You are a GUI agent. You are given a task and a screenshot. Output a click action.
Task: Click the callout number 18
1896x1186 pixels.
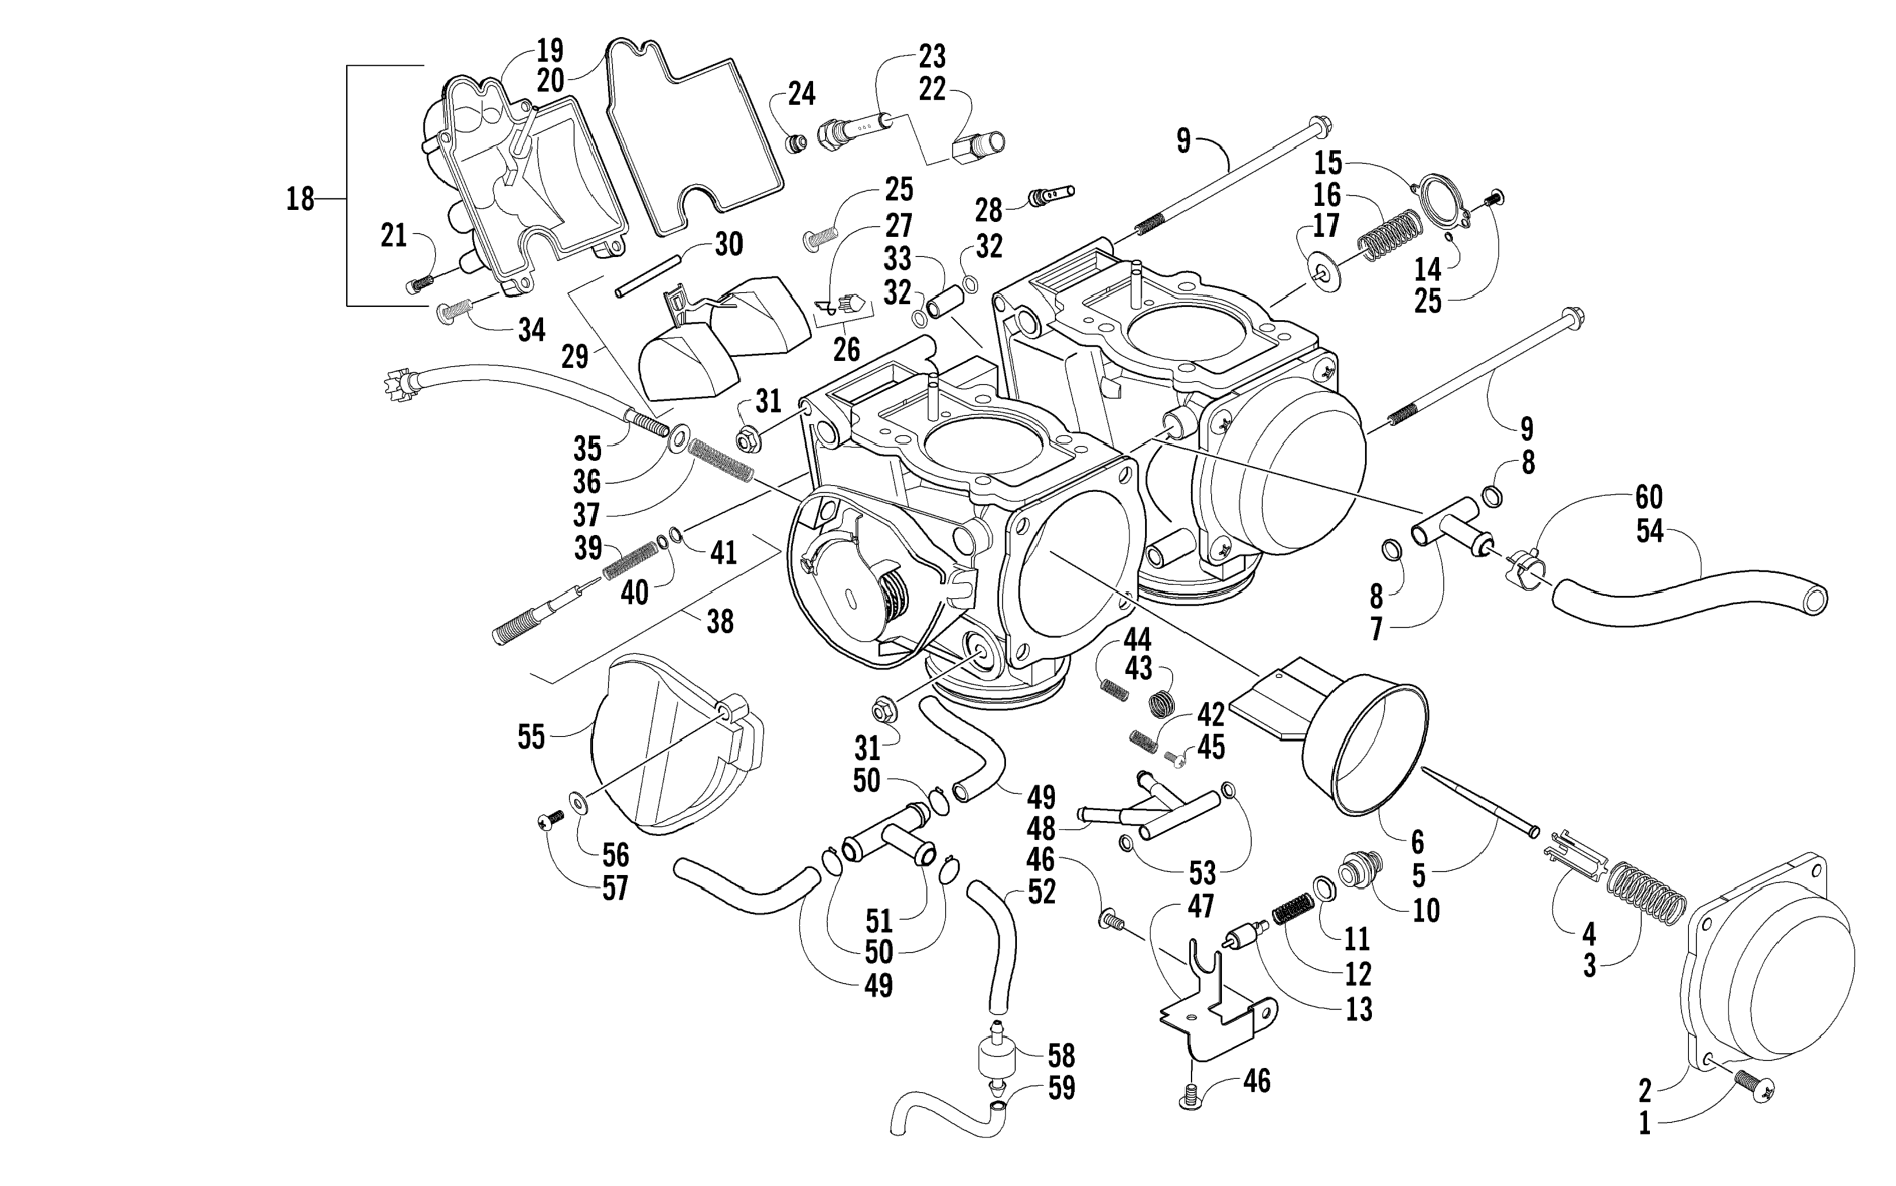point(300,199)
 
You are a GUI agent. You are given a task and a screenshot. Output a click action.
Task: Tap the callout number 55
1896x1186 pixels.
point(531,737)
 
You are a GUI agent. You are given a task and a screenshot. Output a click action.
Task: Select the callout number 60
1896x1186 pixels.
point(1649,497)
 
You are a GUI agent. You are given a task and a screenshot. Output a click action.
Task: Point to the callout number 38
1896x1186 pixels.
point(719,622)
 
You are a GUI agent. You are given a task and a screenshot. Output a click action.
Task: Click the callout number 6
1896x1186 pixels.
point(1418,843)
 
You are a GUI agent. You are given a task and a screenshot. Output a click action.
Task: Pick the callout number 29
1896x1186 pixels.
point(575,357)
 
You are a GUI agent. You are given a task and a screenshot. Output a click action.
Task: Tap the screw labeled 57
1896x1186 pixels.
point(551,821)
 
